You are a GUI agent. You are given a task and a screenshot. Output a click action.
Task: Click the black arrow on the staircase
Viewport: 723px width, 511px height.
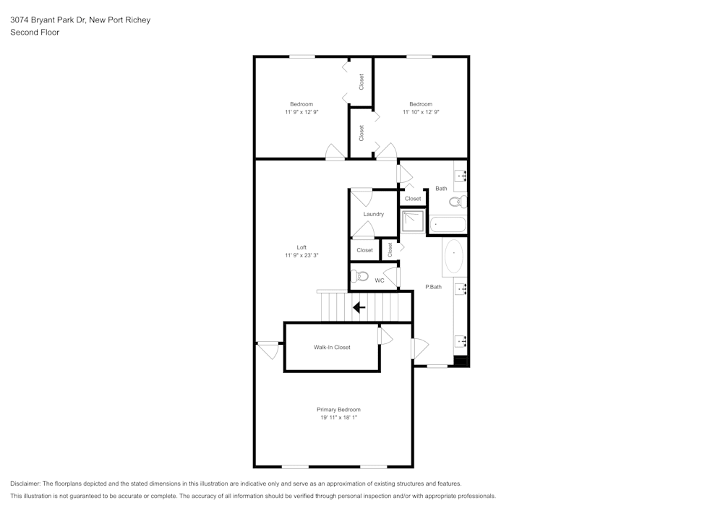click(x=359, y=307)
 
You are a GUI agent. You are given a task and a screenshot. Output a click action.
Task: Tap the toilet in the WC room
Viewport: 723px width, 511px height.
click(x=359, y=276)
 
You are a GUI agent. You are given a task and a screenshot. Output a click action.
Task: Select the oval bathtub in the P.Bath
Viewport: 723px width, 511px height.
click(x=453, y=257)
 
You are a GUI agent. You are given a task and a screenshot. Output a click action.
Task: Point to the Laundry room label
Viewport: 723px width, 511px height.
click(x=373, y=214)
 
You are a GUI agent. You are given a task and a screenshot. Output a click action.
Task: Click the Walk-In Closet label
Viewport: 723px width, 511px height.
click(x=332, y=347)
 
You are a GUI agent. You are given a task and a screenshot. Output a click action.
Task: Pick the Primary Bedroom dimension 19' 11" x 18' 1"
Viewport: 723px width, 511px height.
click(x=338, y=418)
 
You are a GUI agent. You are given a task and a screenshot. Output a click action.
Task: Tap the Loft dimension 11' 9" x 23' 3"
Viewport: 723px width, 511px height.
click(x=301, y=255)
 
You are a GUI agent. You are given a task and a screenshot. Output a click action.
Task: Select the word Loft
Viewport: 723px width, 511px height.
click(x=301, y=247)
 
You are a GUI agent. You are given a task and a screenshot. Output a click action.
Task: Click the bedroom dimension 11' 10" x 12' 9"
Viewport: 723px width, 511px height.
click(x=421, y=112)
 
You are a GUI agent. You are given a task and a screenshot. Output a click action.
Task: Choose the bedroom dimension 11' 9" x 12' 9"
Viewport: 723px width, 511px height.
click(x=301, y=112)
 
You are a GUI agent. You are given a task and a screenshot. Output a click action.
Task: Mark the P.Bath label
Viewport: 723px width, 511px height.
click(x=433, y=287)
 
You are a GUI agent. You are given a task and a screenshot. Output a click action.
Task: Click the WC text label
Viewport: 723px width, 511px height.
click(x=379, y=280)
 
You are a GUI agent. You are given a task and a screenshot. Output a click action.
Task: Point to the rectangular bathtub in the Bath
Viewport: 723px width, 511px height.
click(x=448, y=225)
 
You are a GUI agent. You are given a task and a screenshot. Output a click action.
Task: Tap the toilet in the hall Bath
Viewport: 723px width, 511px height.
click(x=458, y=202)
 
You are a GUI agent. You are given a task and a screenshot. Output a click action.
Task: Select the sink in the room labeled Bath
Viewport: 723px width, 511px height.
click(x=460, y=175)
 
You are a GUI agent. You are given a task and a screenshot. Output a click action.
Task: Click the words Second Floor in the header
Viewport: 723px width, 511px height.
click(x=35, y=33)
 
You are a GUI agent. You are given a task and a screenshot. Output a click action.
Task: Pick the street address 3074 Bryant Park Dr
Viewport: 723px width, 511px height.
click(x=48, y=20)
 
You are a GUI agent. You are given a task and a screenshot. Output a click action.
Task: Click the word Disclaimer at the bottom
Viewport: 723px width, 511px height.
click(x=25, y=484)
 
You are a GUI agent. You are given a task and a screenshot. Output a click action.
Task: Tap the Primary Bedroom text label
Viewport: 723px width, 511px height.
click(x=338, y=410)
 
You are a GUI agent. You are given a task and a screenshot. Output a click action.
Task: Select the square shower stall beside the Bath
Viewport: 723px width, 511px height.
click(x=414, y=221)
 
